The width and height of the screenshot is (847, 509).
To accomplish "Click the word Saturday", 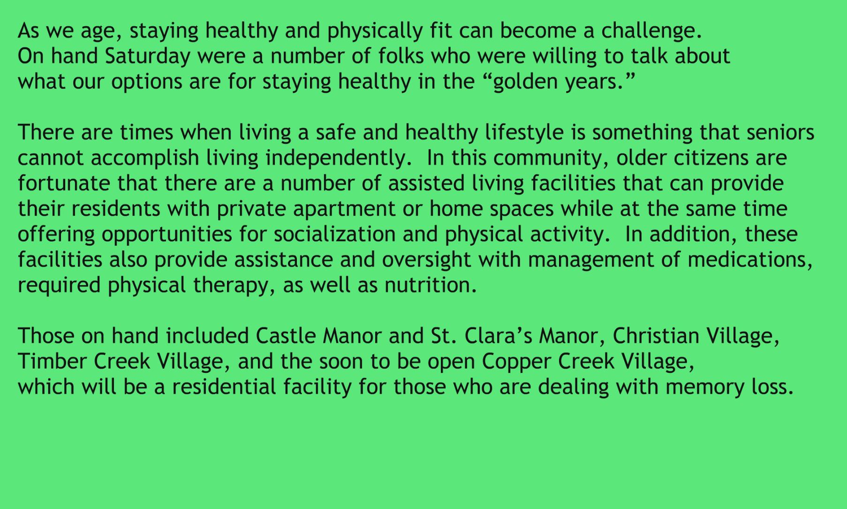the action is (148, 57).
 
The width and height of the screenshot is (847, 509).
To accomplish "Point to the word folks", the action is (401, 56).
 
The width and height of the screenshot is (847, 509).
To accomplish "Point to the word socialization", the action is (334, 234).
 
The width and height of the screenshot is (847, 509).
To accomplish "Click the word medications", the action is (750, 260).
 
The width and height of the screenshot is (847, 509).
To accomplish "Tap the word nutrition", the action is (431, 285).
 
